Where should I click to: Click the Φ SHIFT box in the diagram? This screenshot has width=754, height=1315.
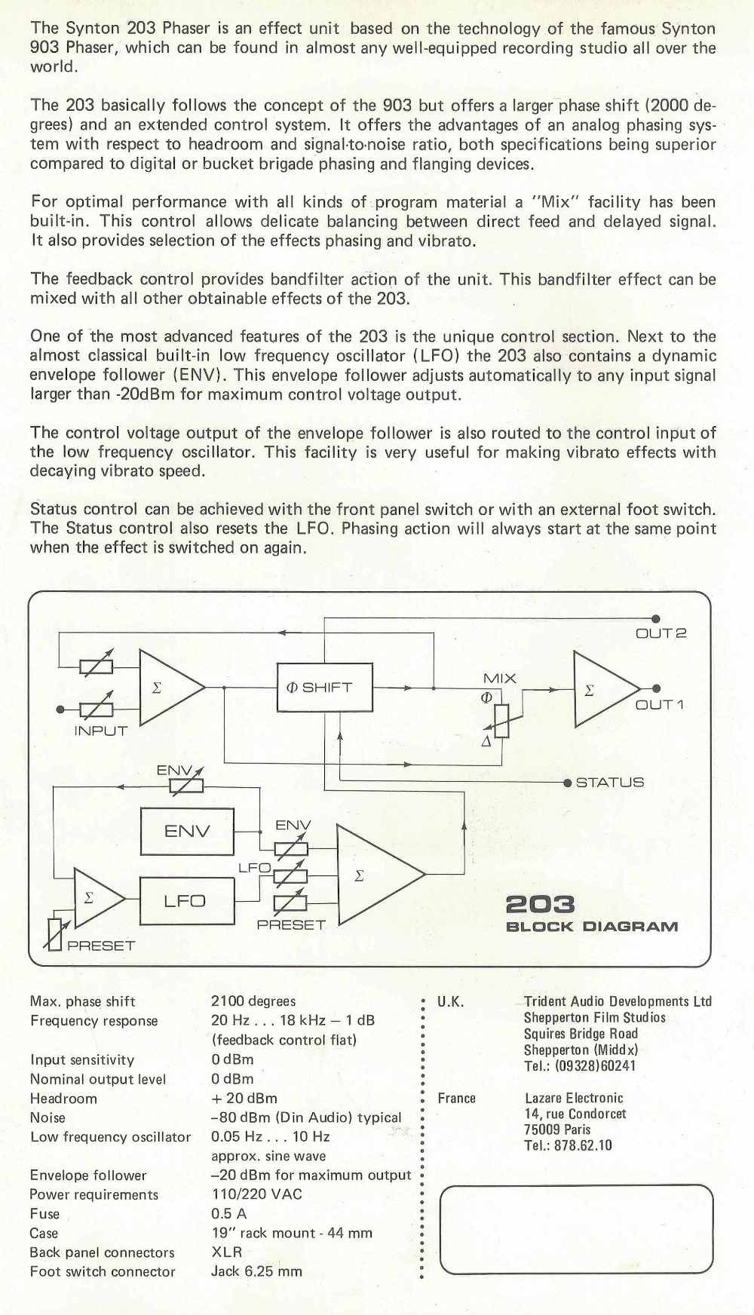click(325, 688)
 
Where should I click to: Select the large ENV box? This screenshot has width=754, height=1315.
click(187, 831)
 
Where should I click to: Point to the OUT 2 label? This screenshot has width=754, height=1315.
click(661, 633)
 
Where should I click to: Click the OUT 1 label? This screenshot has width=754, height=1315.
click(659, 705)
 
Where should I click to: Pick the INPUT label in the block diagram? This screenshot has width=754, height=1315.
click(100, 731)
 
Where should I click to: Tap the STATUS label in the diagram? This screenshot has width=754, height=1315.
click(610, 783)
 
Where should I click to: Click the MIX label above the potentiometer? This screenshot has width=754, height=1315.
click(499, 678)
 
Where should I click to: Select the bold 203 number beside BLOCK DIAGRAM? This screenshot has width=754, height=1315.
click(540, 904)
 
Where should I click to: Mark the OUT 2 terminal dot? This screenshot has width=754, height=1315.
click(656, 618)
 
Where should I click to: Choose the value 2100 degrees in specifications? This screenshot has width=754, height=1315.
click(253, 1001)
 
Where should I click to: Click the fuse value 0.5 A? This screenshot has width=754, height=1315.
click(228, 1214)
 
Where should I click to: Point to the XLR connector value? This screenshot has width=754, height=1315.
click(226, 1252)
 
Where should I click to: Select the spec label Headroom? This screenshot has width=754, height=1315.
click(63, 1099)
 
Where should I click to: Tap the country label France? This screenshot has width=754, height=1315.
click(456, 1098)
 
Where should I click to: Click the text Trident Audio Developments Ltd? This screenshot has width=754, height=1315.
click(618, 1001)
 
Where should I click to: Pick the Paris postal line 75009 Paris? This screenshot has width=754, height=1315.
click(557, 1130)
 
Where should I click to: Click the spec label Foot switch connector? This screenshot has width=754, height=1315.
click(103, 1271)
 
